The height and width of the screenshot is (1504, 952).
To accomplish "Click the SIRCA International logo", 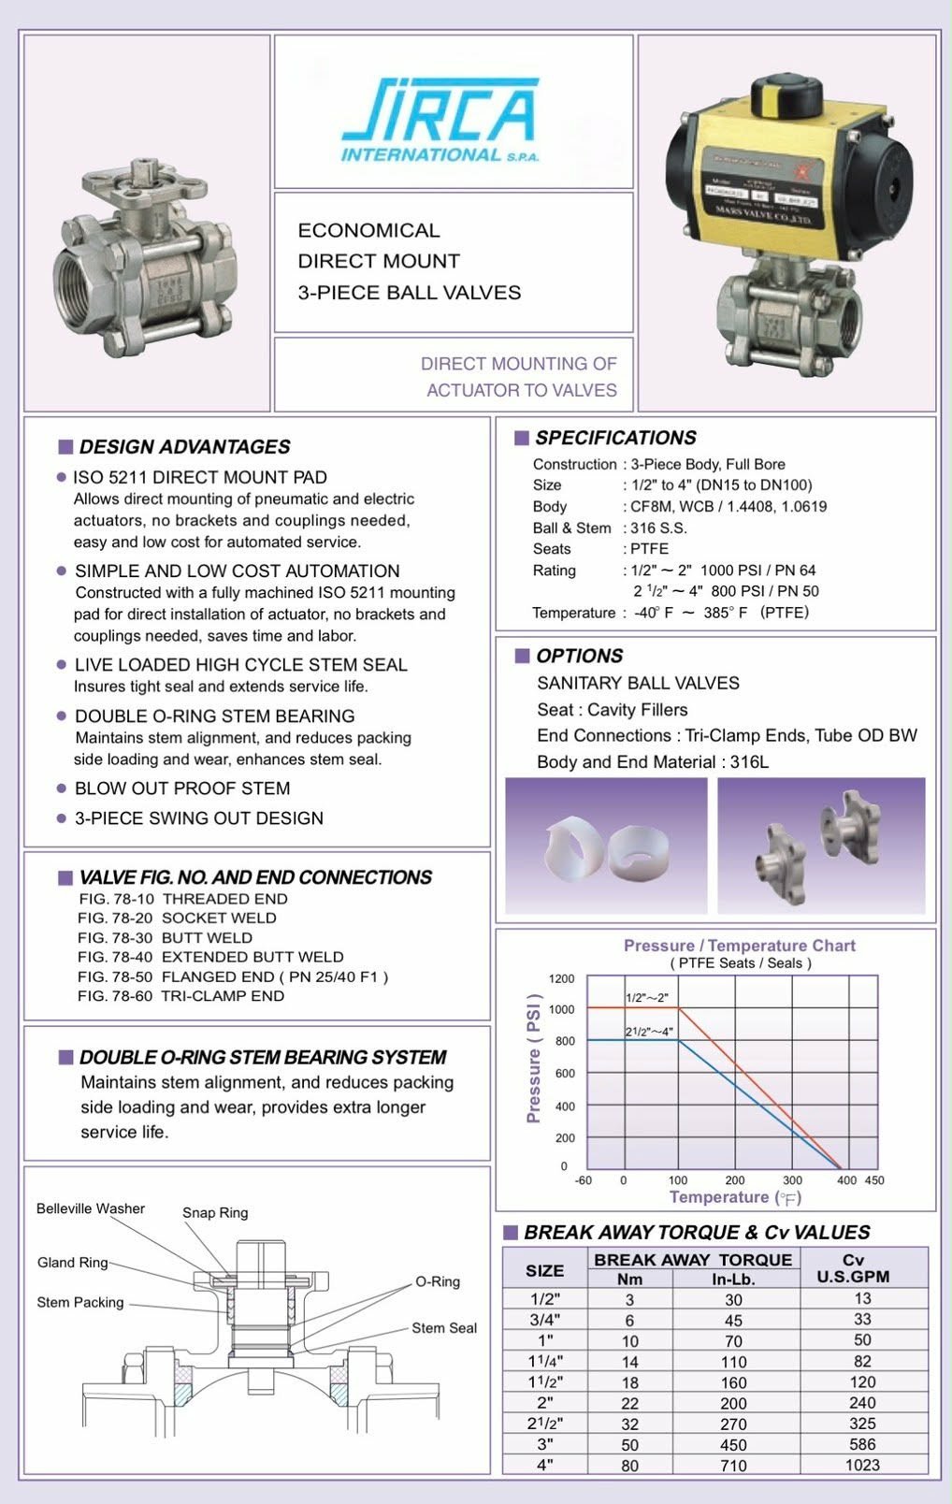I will point(440,121).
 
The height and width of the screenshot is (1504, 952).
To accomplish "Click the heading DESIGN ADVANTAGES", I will point(184,447).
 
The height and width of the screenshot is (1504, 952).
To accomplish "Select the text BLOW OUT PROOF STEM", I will point(182,788).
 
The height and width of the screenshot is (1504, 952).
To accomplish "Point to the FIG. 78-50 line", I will point(233,976).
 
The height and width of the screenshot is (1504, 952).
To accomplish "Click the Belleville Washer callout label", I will point(91,1208).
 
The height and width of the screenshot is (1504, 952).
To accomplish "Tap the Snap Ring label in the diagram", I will point(215,1212).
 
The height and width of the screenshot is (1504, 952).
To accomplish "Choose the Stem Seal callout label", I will point(444,1328).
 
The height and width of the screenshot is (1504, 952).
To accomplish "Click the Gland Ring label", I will point(72,1263).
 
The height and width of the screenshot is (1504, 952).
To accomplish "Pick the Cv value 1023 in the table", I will point(862,1465).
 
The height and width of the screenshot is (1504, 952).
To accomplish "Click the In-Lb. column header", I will point(733,1279).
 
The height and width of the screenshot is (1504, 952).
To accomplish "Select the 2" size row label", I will point(544,1403).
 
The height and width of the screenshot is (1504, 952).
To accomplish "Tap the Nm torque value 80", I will point(629,1466).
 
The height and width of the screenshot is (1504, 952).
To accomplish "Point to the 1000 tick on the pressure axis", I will point(562,1009).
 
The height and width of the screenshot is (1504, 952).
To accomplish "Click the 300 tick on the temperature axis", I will point(792,1180).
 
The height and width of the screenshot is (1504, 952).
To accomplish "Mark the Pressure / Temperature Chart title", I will point(739,946).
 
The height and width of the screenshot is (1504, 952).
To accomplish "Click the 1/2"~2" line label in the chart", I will point(647,997).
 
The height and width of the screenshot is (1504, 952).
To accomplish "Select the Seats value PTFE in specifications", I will point(649,549).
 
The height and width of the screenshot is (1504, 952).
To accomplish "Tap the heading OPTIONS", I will point(579,656).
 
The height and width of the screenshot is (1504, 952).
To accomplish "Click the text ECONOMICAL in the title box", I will point(368,230).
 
